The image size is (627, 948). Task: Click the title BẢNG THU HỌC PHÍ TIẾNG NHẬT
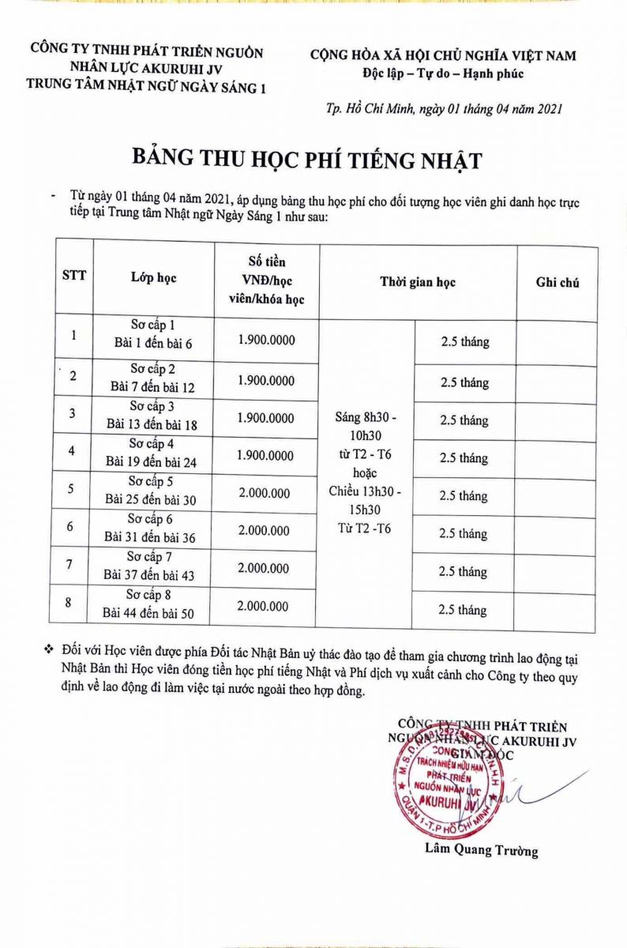306,160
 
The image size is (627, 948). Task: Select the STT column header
73,276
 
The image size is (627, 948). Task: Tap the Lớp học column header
153,277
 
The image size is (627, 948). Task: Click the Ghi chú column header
557,282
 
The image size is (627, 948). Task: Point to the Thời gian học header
418,282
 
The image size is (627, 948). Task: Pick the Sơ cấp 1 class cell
152,334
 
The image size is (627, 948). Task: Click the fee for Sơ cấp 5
264,493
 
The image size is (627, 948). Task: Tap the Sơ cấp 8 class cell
149,604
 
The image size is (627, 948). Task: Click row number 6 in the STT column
71,527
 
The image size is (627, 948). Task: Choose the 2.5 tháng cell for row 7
464,571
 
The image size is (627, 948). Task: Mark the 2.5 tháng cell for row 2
464,382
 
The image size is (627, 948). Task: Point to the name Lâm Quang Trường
481,850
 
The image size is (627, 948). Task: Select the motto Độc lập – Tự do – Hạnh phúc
442,73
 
